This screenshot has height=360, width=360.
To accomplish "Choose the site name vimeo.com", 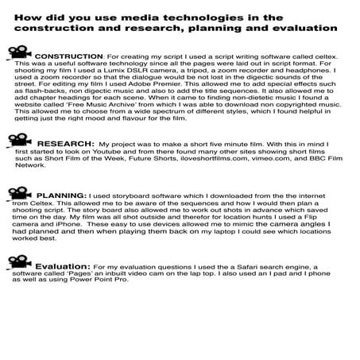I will [x=262, y=167].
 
